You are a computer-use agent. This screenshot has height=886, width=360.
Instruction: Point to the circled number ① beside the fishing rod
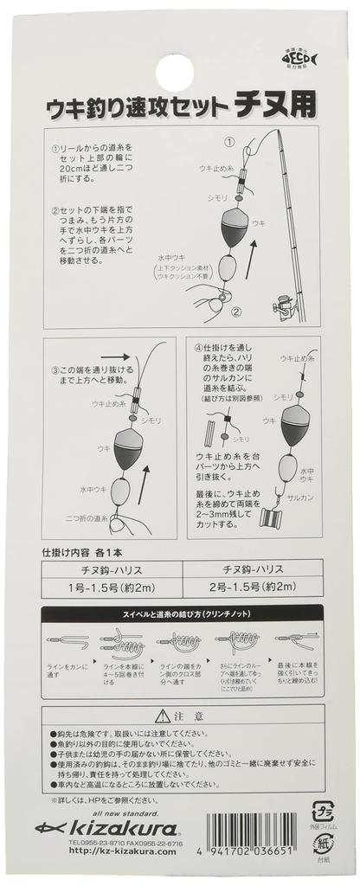coord(229,141)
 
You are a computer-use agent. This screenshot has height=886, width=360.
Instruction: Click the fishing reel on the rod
coord(282,303)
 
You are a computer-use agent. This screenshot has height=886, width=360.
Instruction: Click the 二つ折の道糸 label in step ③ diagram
coord(87,517)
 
